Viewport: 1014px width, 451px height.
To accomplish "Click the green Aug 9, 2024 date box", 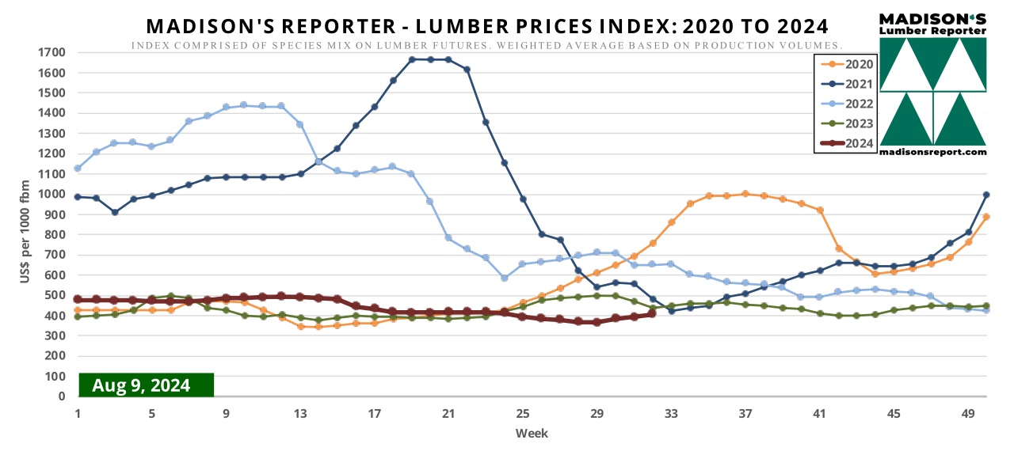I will (147, 385).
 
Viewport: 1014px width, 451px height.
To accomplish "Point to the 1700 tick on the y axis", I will (53, 52).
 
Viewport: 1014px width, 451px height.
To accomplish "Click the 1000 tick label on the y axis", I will (53, 195).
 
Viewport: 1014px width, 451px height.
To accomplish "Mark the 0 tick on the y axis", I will (61, 396).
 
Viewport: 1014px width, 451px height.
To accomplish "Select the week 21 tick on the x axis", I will (448, 413).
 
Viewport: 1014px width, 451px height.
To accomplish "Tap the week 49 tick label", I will (967, 413).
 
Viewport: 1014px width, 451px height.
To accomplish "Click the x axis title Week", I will (532, 433).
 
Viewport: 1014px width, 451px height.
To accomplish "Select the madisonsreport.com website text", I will (933, 151).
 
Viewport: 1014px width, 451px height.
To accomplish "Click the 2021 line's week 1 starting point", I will (78, 197).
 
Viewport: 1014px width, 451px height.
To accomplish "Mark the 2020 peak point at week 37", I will (745, 194).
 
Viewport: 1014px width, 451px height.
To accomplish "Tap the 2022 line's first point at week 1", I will (78, 169).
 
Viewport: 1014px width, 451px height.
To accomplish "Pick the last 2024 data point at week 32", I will (652, 314).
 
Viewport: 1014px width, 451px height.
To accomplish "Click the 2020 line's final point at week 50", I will (986, 217).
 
